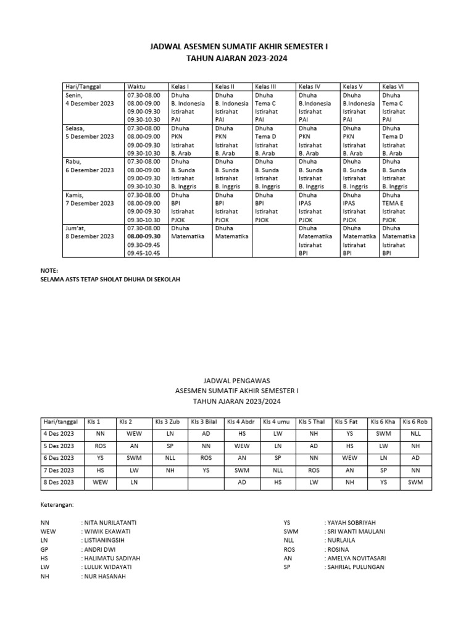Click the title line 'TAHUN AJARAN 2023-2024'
[237, 59]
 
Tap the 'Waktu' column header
[136, 86]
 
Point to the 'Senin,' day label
[75, 96]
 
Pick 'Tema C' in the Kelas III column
[265, 104]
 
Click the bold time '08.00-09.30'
[144, 236]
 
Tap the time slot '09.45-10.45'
[144, 253]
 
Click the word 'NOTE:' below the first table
[49, 270]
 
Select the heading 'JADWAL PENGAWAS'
[237, 381]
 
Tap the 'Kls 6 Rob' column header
[415, 422]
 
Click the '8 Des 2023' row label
[59, 483]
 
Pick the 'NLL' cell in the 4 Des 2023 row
[415, 434]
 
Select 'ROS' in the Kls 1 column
[100, 446]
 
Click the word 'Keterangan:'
[57, 504]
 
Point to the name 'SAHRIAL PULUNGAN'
[354, 567]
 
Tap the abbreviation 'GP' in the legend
[45, 549]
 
